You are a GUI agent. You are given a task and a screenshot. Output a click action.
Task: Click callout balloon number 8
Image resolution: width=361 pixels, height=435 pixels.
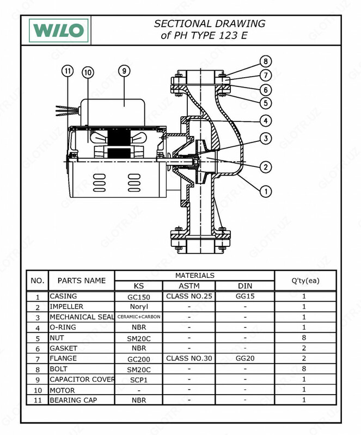pyautogui.click(x=265, y=61)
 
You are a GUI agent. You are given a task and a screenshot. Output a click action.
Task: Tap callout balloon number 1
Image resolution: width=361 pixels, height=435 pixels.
pyautogui.click(x=265, y=191)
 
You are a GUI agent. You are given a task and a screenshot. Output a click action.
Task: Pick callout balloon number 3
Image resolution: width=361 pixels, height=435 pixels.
pyautogui.click(x=265, y=139)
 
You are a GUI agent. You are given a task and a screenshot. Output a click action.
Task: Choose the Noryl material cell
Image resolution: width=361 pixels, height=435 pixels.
pyautogui.click(x=138, y=307)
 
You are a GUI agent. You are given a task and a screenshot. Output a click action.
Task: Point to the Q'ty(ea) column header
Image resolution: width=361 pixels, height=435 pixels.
pyautogui.click(x=304, y=281)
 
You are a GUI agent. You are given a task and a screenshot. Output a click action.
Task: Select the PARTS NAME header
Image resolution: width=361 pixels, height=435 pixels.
pyautogui.click(x=81, y=281)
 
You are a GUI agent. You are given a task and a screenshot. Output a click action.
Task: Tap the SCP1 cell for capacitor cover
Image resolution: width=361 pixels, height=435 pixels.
pyautogui.click(x=138, y=380)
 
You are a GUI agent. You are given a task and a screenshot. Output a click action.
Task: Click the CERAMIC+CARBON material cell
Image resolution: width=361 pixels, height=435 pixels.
pyautogui.click(x=138, y=317)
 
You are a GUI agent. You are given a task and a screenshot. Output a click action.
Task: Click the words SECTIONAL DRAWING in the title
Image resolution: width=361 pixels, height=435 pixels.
pyautogui.click(x=210, y=24)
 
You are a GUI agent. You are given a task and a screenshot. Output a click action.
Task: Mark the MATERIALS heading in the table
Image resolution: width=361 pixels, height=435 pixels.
pyautogui.click(x=194, y=276)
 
